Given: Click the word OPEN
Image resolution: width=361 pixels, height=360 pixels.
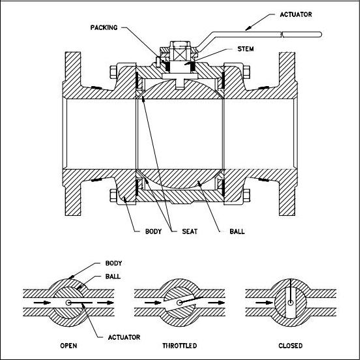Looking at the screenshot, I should click(68, 345).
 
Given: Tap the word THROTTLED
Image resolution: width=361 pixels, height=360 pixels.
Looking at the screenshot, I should click(179, 345).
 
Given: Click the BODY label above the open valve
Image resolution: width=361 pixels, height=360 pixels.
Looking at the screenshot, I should click(113, 263).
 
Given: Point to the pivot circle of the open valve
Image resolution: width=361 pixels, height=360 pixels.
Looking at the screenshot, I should click(68, 303).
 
